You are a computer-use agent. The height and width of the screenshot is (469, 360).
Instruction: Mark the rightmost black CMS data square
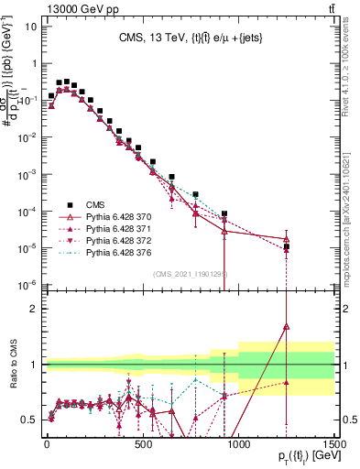click(x=287, y=246)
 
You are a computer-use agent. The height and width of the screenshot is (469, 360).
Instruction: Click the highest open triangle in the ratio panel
click(x=287, y=325)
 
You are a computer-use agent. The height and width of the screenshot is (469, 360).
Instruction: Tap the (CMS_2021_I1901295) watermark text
click(x=191, y=274)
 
